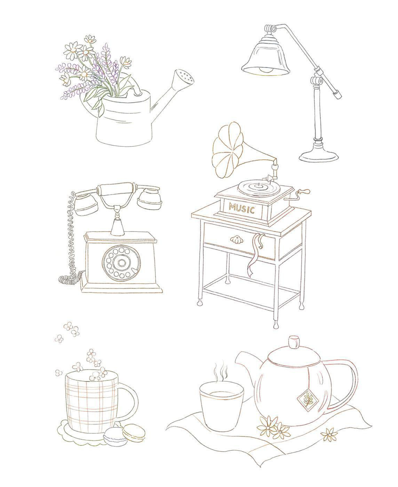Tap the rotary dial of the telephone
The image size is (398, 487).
click(119, 262)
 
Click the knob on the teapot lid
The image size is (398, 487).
click(294, 342)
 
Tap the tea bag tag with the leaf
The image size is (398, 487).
click(307, 399)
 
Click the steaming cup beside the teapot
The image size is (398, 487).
click(221, 406)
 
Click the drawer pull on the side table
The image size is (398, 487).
click(236, 240)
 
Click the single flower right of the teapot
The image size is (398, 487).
click(329, 434)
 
